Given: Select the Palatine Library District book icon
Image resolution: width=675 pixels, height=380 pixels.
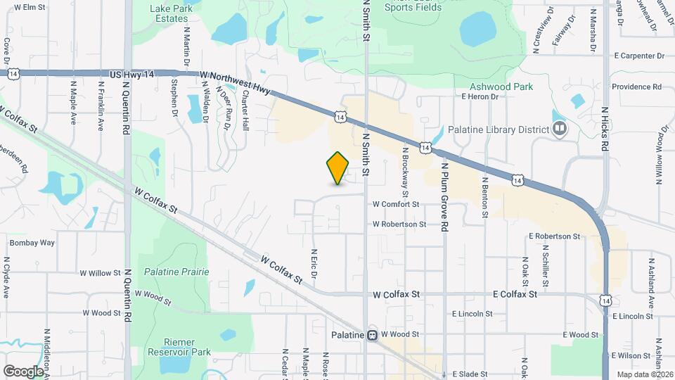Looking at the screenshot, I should coord(560,129).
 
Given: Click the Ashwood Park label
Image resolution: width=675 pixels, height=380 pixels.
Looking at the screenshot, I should coord(501,87).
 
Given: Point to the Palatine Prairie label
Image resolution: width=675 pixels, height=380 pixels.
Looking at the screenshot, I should coord(172,271).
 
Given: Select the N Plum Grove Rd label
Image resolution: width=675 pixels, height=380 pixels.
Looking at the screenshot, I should coord(444,197).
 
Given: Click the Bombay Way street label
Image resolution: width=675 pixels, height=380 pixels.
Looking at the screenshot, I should coord(32,243).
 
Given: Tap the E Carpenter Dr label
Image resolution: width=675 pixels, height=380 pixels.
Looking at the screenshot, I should coord(638,55).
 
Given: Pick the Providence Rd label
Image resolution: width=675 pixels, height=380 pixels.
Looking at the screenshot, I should coord(636,87).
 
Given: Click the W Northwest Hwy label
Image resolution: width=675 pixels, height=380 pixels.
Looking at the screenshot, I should coord(235,82).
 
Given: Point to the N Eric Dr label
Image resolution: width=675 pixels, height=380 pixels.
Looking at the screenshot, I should coord(314,261).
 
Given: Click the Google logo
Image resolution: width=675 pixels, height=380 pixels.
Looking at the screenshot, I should coord(22,371).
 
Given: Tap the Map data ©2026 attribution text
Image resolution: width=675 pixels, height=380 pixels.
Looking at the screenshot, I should coord(644,374).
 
